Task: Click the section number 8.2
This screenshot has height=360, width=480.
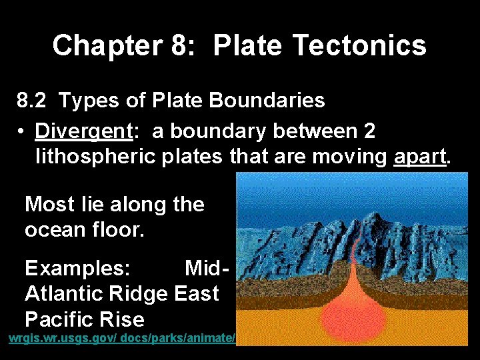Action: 31,101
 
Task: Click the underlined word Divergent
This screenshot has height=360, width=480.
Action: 84,131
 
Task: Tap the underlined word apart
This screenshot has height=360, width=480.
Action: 421,157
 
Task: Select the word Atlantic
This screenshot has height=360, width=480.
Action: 63,293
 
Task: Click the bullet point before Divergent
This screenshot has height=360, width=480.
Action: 23,132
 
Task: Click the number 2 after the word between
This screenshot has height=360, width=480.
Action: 369,131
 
